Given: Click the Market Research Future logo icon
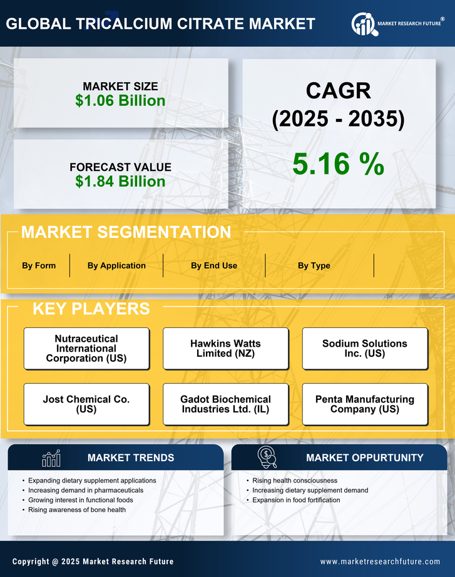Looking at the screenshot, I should point(364,24).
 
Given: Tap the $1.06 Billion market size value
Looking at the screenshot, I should point(120,101).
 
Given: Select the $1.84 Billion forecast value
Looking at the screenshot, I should point(120,181).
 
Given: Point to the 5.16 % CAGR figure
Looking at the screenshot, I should point(338,164).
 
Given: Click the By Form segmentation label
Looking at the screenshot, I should point(39,265).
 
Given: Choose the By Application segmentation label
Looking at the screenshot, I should point(116,265).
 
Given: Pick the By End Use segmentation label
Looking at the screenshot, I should point(214,265).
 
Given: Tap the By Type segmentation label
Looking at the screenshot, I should point(314,265).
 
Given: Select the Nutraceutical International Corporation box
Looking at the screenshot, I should point(86,349).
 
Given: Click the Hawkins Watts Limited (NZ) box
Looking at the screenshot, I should point(225,349).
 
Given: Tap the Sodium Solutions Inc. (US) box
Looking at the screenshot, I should point(365,349).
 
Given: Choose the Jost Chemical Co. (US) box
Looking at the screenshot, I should point(86,404).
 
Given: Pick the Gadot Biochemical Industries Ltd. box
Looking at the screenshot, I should point(225,404).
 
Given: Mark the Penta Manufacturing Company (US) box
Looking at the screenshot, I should point(365,404).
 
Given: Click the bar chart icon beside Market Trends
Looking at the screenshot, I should point(51,458).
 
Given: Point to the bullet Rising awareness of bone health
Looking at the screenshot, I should point(77,509).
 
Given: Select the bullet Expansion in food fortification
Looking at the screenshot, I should point(296,500).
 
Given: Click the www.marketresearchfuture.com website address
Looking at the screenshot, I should point(380,561).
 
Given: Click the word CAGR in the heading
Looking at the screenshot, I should point(338,91).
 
